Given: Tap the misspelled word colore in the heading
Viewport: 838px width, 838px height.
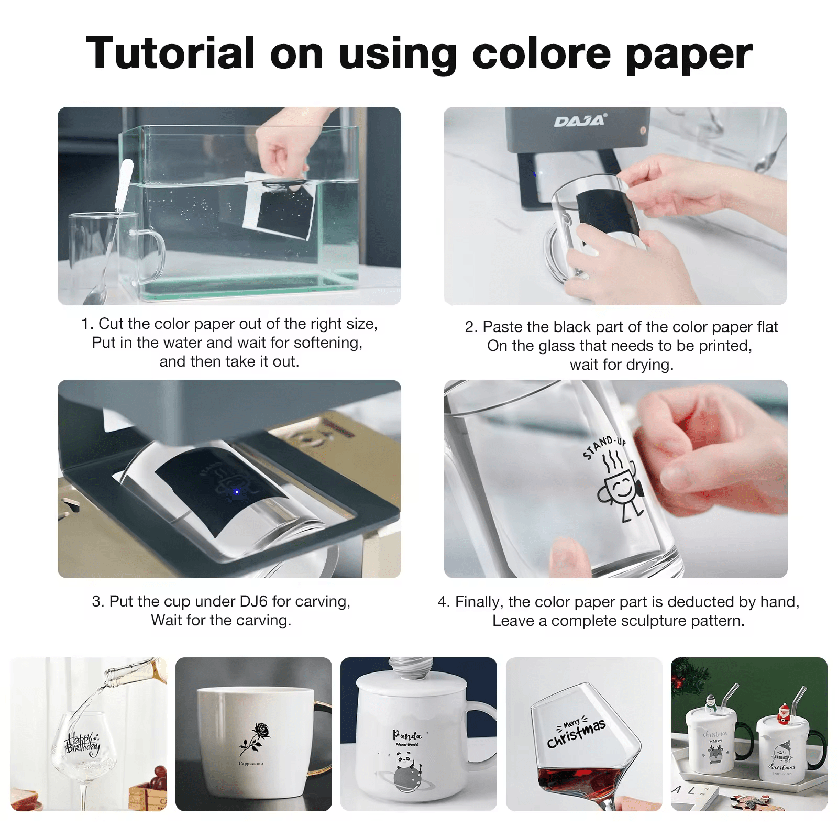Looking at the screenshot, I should click(x=541, y=53).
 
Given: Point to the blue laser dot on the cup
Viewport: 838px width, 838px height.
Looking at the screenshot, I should click(x=237, y=492).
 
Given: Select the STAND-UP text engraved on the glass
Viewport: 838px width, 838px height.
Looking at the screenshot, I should click(x=603, y=448).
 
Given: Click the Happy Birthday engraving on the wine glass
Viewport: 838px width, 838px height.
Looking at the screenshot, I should click(x=82, y=744).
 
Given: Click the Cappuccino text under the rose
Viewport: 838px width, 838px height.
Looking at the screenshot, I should click(x=251, y=764).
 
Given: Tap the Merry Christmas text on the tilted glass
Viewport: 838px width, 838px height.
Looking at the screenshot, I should click(x=576, y=732).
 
